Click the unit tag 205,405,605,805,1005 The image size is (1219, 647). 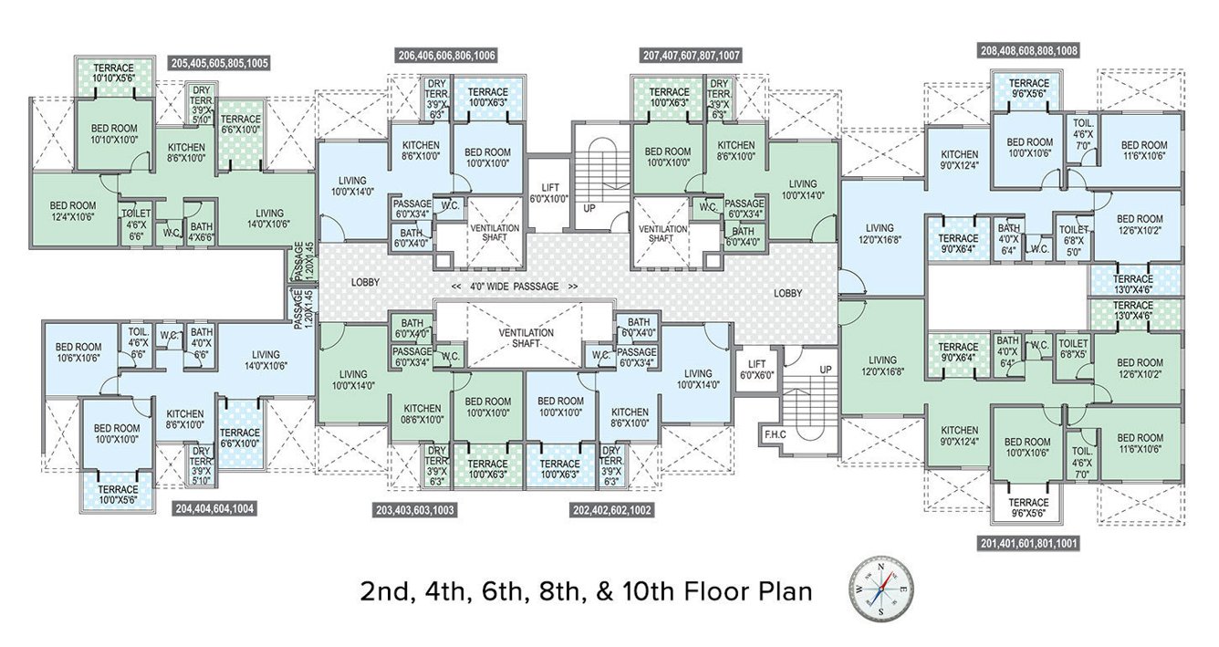(x=219, y=63)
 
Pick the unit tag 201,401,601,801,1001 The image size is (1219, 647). (x=1028, y=542)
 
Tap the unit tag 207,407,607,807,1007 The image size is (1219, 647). (x=692, y=56)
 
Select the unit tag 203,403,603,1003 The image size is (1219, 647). (x=415, y=509)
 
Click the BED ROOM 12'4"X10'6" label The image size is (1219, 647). (x=73, y=211)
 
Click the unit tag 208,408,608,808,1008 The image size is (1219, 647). (x=1028, y=50)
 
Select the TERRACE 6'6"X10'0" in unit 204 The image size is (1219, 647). (x=240, y=437)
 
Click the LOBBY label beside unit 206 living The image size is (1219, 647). (x=365, y=283)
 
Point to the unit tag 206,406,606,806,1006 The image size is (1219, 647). (x=447, y=56)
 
